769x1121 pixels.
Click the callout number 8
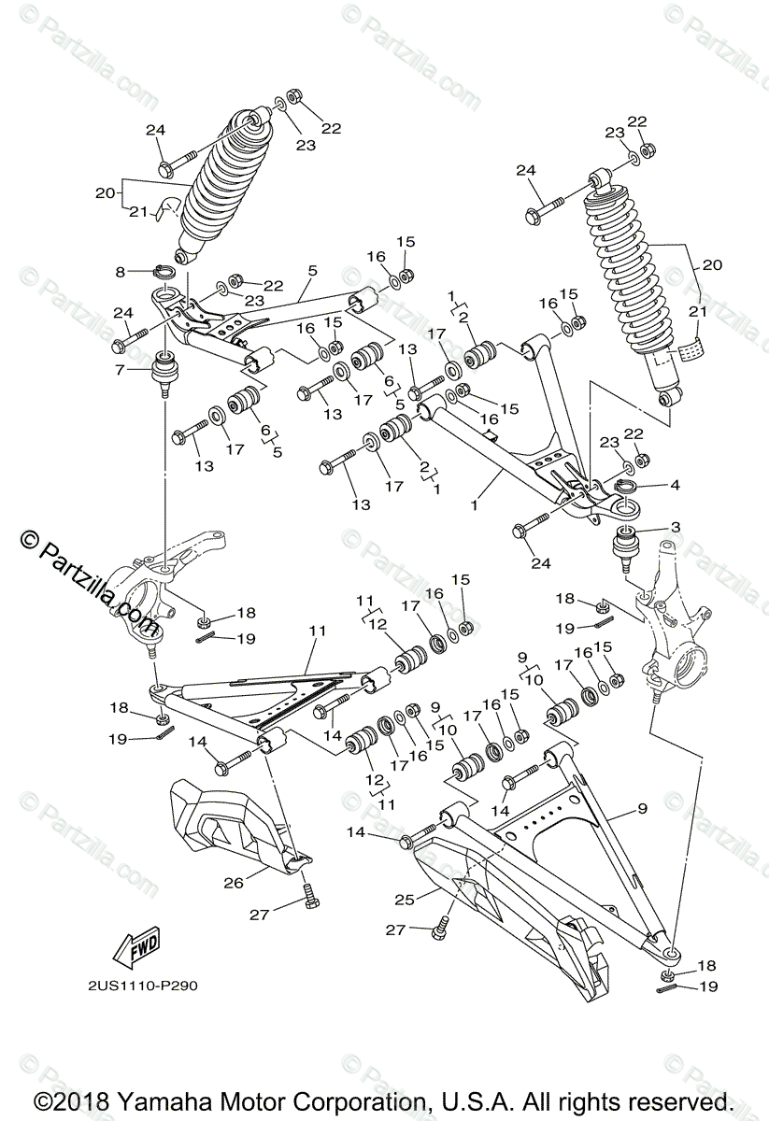[121, 272]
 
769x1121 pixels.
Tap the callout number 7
[119, 371]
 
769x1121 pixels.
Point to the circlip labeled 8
[164, 273]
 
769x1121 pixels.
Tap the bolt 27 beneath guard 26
[310, 901]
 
